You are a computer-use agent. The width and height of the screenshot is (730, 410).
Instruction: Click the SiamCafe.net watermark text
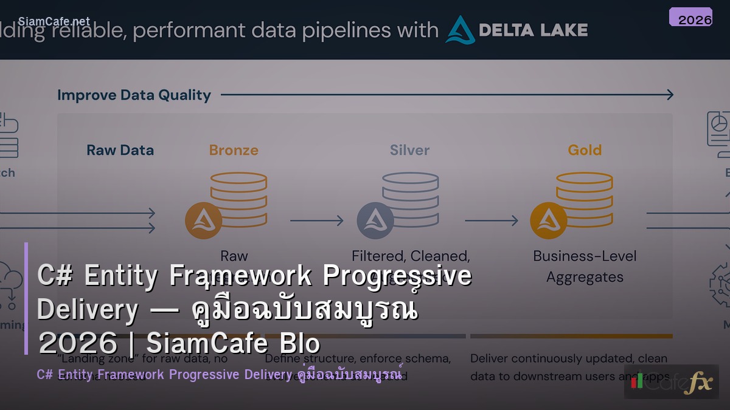[x=54, y=21]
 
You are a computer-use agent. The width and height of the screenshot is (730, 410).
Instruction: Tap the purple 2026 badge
[x=690, y=18]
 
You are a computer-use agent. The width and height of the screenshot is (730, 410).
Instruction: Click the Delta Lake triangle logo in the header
[x=460, y=30]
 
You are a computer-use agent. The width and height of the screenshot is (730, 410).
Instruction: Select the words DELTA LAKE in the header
[x=533, y=30]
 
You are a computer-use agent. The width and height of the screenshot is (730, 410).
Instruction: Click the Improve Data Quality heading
[x=134, y=95]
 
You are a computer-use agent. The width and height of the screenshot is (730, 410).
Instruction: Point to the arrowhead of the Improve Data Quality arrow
[x=669, y=95]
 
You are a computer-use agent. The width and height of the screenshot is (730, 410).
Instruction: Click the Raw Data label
[x=120, y=150]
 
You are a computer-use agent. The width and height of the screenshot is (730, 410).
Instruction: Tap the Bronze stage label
[x=234, y=150]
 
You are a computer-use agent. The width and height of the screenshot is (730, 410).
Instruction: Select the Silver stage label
[x=409, y=150]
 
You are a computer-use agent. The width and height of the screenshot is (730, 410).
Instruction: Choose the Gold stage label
[x=585, y=150]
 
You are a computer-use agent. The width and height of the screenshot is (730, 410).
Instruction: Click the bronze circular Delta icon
[x=203, y=220]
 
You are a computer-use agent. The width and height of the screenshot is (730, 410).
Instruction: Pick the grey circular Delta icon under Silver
[x=375, y=220]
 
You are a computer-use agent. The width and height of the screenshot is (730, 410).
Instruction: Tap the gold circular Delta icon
[x=549, y=220]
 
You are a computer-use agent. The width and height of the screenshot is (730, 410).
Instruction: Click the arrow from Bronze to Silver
[x=316, y=220]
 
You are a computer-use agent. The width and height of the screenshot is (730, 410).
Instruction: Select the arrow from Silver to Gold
[x=491, y=220]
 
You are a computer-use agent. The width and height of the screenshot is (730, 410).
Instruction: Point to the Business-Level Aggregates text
[x=585, y=267]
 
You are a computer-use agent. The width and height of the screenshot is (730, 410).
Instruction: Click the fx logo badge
[x=671, y=381]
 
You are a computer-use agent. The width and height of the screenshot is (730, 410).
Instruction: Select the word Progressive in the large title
[x=397, y=276]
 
